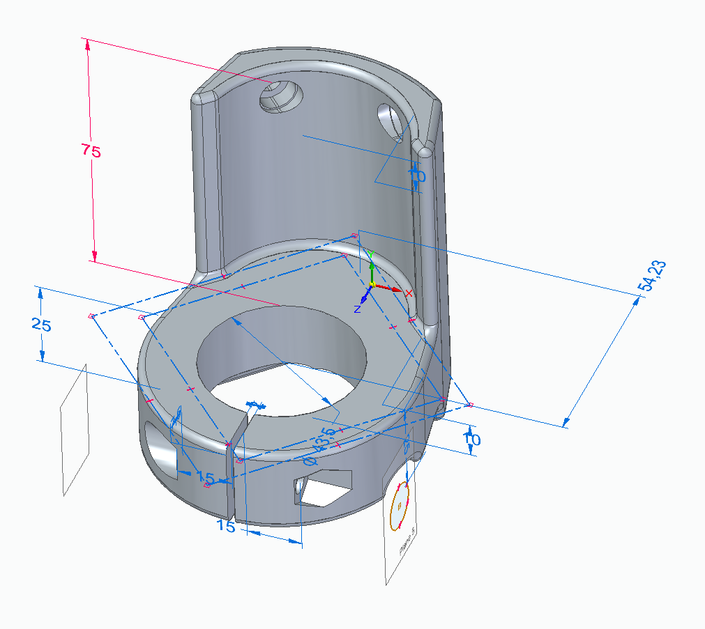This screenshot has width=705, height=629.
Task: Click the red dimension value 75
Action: coord(91,150)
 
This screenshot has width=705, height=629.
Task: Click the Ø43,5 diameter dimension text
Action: coord(317,450)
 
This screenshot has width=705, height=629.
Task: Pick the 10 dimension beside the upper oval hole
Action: coord(416,176)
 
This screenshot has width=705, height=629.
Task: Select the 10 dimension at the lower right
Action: coord(472,440)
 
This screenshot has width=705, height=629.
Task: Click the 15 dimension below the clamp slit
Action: coord(226,527)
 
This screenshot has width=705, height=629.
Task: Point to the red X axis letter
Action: coord(410,293)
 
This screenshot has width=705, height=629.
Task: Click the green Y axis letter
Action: coord(372,254)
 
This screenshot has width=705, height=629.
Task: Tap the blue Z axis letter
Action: coord(356,308)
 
